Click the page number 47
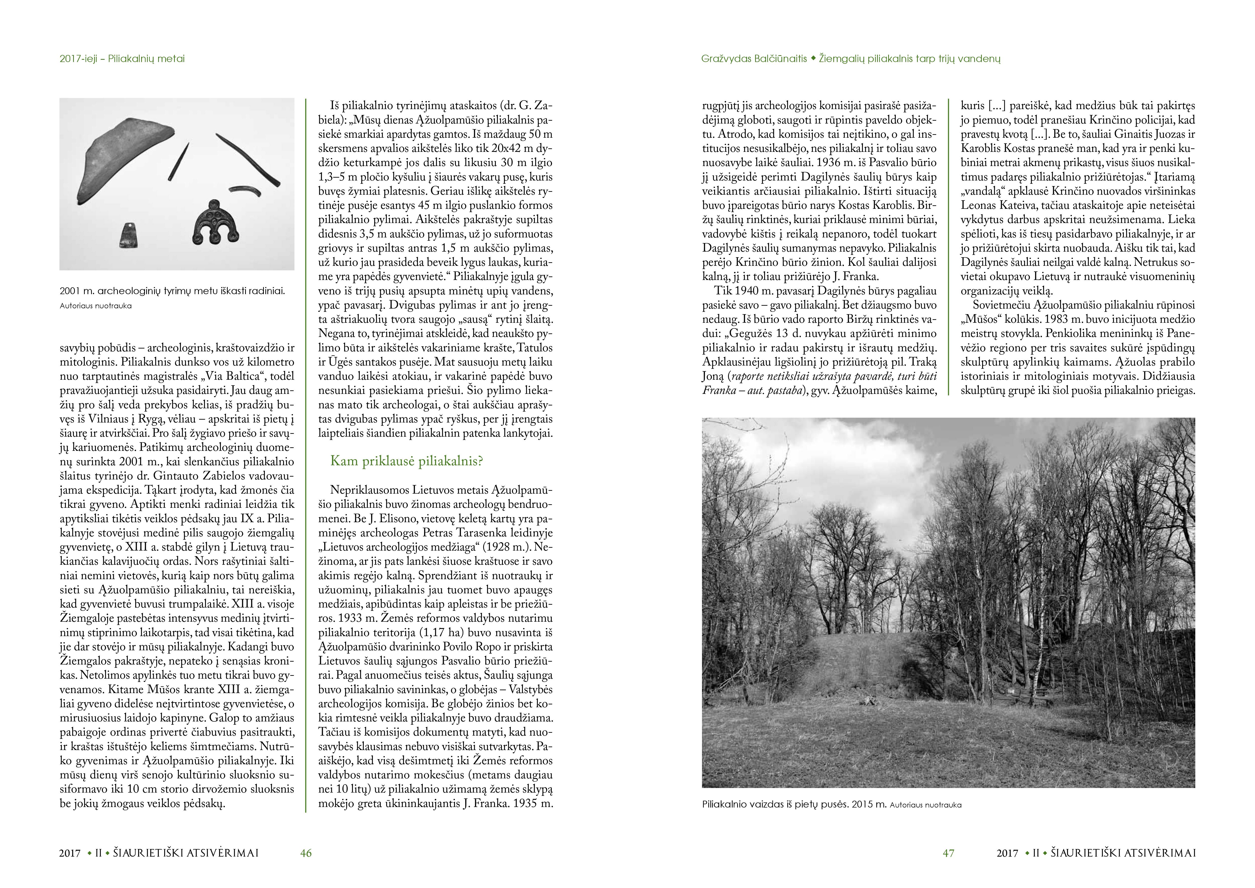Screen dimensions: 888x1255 (x=948, y=853)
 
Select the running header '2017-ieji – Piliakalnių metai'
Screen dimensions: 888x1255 (x=122, y=58)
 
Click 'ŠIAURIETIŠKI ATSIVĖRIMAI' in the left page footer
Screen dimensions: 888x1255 (x=186, y=853)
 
